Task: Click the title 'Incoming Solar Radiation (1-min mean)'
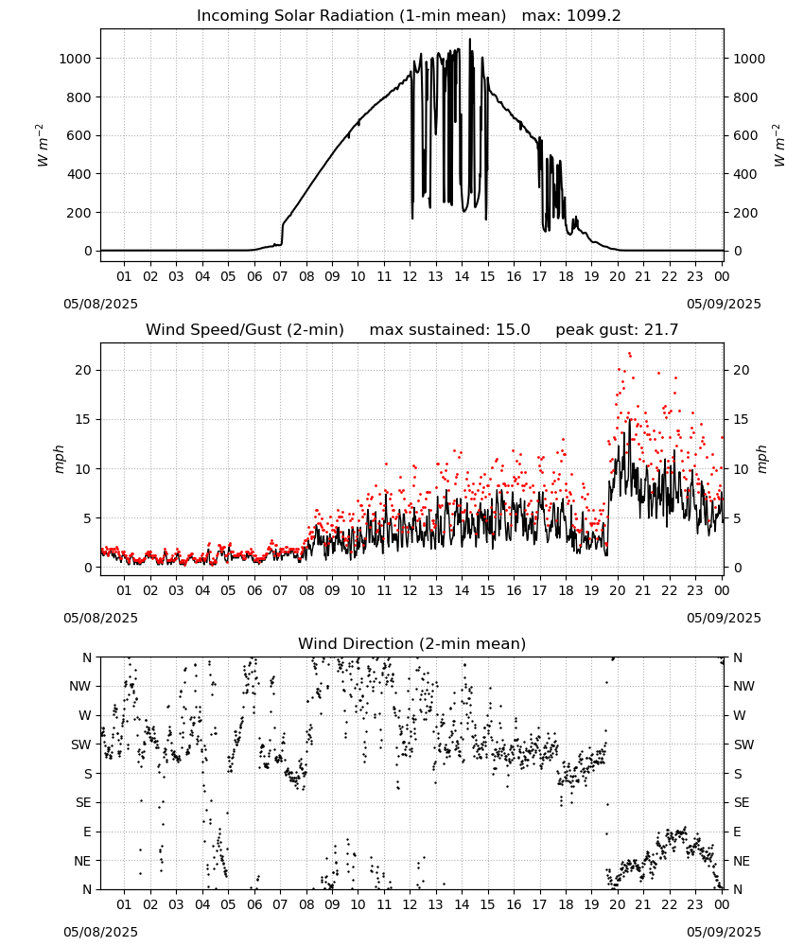351,16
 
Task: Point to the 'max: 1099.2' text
571,16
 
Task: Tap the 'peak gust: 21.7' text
617,330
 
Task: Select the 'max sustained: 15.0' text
450,330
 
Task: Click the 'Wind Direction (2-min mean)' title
412,643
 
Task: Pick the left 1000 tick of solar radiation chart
75,59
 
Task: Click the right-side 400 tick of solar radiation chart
745,174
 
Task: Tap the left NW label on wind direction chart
80,687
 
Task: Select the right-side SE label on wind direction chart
742,803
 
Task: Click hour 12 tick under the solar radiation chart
410,276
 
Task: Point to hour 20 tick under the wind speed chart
617,590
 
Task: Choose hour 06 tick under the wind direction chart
253,904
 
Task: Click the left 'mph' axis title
59,459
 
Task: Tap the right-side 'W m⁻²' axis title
778,146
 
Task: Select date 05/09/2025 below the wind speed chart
724,618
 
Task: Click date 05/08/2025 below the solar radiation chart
100,304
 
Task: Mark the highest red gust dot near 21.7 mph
630,354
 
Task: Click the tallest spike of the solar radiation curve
470,40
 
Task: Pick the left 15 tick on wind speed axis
83,419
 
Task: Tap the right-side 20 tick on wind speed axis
742,371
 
